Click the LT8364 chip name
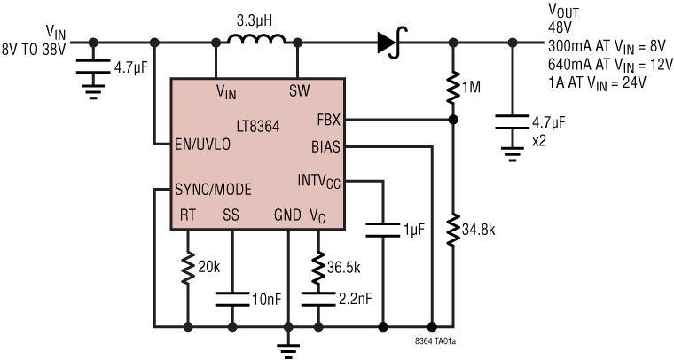coord(259,127)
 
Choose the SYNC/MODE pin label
coord(214,189)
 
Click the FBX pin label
coord(326,118)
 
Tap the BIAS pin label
coord(325,145)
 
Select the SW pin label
coord(299,90)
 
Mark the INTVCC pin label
coord(318,182)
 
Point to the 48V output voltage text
coord(560,27)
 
